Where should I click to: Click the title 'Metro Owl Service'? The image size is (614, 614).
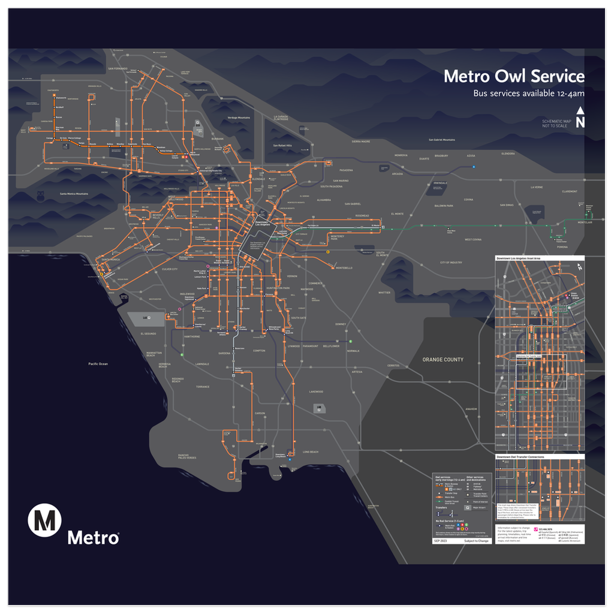pos(513,77)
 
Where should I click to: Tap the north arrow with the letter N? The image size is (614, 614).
pos(580,118)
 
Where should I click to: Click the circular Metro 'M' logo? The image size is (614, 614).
pos(45,520)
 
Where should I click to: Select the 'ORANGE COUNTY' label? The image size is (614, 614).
pos(443,360)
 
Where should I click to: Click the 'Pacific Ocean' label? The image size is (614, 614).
pos(98,364)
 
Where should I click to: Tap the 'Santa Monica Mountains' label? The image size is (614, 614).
pos(74,194)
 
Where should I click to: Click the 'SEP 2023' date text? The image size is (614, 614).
pos(441,541)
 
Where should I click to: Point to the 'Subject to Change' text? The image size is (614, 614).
pos(477,541)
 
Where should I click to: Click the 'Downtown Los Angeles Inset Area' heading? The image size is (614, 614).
pos(519,258)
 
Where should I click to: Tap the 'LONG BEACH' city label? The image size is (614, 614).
pos(311,452)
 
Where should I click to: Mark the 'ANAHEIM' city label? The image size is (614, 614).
pos(471,408)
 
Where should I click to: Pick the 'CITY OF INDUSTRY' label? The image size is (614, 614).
pos(450,263)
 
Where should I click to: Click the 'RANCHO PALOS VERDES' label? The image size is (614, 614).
pos(187,457)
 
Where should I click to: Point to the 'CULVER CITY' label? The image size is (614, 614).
pos(170,269)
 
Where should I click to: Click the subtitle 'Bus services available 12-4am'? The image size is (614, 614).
pos(528,94)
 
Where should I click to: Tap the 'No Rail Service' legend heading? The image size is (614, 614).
pos(450,521)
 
